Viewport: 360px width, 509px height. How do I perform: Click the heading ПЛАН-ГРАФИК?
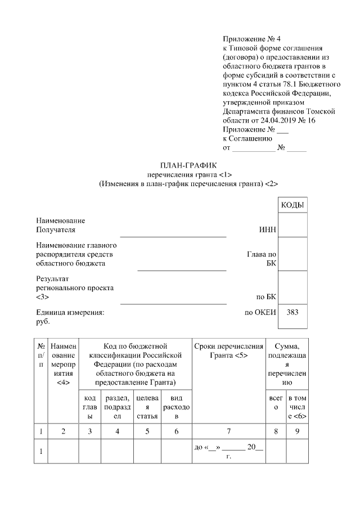click(181, 164)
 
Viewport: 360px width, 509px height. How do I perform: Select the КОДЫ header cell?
click(292, 205)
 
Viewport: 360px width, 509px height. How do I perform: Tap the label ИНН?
click(267, 230)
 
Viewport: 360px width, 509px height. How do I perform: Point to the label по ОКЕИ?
click(260, 312)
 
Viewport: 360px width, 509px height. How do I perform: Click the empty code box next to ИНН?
click(292, 225)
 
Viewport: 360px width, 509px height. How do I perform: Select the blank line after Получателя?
click(173, 235)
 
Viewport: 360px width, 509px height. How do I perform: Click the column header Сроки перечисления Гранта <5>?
click(228, 351)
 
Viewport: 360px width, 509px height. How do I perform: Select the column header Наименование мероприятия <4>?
click(63, 364)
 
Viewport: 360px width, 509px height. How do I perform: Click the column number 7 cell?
click(228, 431)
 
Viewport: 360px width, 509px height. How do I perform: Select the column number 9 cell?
click(297, 431)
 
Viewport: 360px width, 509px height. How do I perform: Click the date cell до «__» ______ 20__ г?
click(228, 452)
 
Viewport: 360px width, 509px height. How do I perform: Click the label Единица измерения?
click(70, 312)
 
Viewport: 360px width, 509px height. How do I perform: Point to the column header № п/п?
click(40, 355)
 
